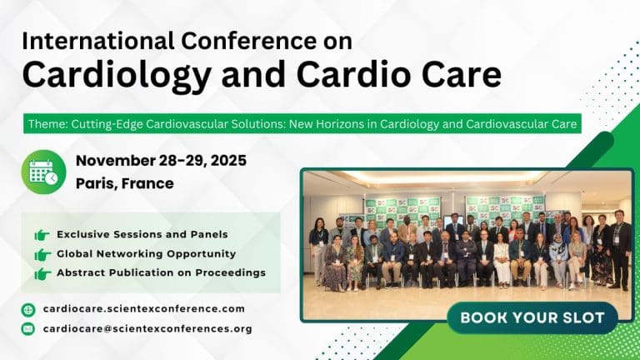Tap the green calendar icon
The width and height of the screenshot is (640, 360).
coord(43,171)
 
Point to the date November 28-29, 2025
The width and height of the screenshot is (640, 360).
coord(161,161)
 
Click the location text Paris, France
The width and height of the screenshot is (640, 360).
coord(125,183)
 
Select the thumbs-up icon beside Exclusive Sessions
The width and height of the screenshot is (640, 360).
coord(42,235)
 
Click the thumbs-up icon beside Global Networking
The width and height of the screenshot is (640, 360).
coord(42,254)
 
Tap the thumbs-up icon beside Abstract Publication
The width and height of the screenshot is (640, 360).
coord(42,273)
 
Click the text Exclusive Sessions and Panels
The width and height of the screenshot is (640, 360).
coord(142,234)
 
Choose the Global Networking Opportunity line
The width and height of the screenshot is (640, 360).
coord(146,253)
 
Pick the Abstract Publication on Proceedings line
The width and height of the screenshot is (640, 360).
coord(161,272)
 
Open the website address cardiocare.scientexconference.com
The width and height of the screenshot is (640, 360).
coord(144,309)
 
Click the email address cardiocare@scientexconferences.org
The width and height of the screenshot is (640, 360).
coord(147,328)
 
